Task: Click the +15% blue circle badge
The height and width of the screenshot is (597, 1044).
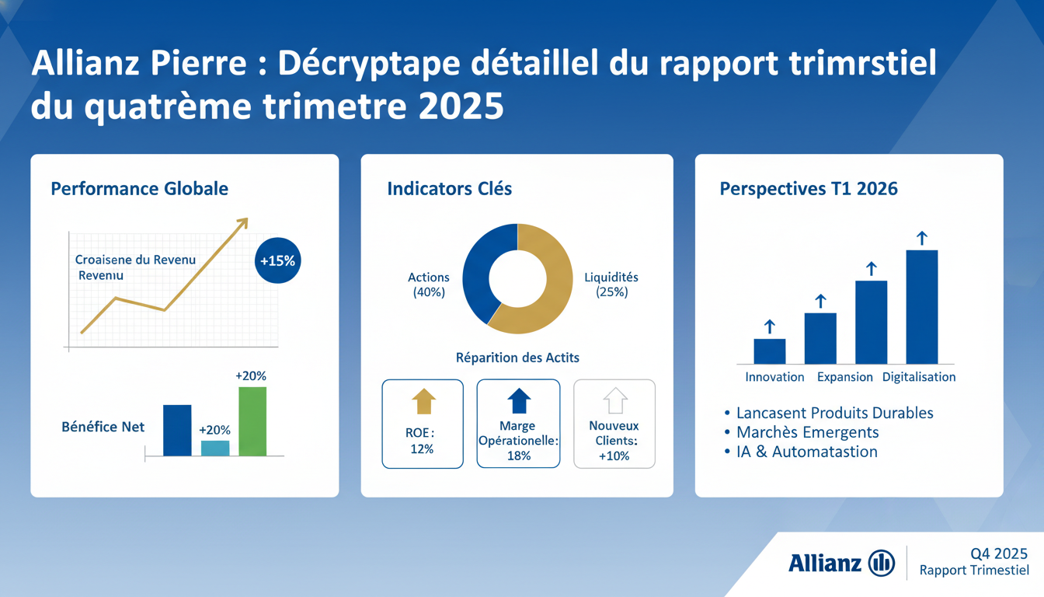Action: point(277,261)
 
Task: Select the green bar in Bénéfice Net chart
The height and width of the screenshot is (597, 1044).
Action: point(252,421)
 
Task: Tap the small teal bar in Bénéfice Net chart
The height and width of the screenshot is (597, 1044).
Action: point(215,448)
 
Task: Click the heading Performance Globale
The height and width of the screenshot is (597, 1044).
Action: point(139,189)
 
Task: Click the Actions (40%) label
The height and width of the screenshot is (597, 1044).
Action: point(428,285)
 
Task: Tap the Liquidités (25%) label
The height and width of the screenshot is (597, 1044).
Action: point(611,285)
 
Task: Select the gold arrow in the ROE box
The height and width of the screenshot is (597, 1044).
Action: point(423,401)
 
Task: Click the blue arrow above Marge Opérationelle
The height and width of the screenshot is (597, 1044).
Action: point(519,401)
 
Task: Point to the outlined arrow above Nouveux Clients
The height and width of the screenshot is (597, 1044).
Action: point(614,401)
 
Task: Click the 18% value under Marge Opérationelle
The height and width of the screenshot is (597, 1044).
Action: point(518,456)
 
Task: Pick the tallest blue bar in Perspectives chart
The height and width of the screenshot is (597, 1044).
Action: point(921,306)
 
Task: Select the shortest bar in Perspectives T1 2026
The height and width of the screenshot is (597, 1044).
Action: point(770,351)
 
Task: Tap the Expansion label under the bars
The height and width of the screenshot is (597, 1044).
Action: point(844,377)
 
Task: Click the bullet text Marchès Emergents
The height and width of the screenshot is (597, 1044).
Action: point(807,432)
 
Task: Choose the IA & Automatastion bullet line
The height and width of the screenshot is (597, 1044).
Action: point(806,452)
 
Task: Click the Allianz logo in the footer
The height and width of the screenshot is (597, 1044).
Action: point(841,562)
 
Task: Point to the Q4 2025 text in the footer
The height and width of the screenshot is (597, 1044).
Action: point(999,553)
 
